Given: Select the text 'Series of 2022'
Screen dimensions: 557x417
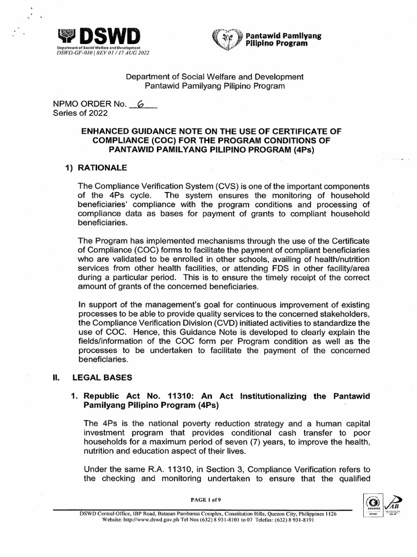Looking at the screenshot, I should [80, 113].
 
